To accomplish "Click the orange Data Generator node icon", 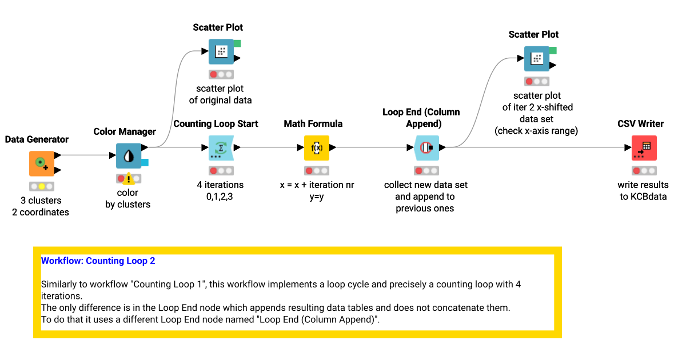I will click(x=42, y=163).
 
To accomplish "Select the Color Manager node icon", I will click(x=129, y=155).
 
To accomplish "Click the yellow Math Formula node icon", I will click(x=316, y=147).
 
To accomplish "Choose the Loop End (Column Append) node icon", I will click(x=426, y=147).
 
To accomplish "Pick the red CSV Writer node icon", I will click(x=644, y=147).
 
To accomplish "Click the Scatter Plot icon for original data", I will click(x=221, y=51).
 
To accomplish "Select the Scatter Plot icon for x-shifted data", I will click(x=537, y=58).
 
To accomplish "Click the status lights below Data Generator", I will click(x=42, y=186).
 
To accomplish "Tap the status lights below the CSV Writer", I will click(x=644, y=170).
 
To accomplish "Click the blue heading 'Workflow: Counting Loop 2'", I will click(x=98, y=261).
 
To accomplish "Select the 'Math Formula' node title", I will click(x=313, y=123).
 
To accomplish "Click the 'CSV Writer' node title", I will click(x=640, y=123).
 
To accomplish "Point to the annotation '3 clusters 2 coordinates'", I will click(x=41, y=206).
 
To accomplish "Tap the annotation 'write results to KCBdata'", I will click(x=643, y=191).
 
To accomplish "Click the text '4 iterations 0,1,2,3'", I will click(x=220, y=191).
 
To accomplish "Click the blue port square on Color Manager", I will click(x=145, y=162).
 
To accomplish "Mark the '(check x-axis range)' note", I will click(x=536, y=130).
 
